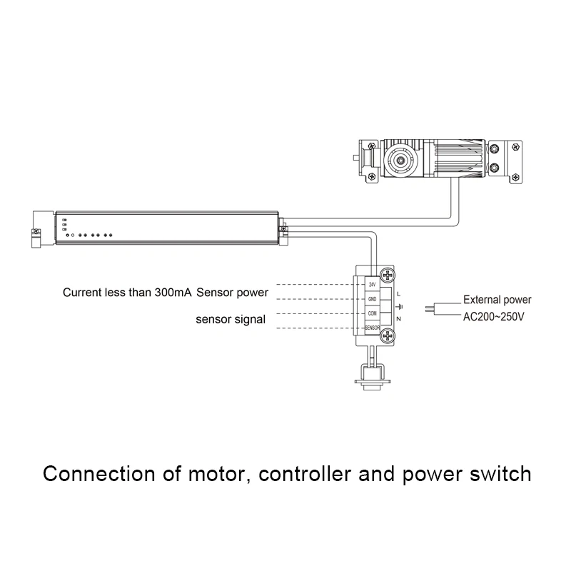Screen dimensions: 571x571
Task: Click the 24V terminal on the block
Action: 372,285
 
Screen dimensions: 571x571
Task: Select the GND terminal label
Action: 372,299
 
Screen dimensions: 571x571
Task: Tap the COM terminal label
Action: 372,313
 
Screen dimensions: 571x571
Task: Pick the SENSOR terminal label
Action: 372,328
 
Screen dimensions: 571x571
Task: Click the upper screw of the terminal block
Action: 388,275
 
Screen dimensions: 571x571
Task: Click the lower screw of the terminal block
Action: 388,336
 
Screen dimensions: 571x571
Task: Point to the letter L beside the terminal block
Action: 398,293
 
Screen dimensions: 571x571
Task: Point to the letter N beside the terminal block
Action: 398,318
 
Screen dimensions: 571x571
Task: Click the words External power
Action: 497,300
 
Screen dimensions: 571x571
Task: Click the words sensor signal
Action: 231,320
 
